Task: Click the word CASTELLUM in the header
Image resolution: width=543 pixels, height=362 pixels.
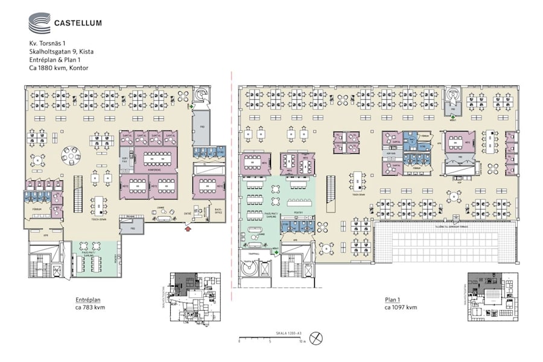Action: [78, 24]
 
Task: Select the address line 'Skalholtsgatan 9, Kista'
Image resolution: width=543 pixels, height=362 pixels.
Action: [61, 52]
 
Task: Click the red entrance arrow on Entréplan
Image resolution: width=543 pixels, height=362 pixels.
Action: [188, 229]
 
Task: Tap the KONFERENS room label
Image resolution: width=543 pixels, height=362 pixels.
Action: [156, 168]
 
